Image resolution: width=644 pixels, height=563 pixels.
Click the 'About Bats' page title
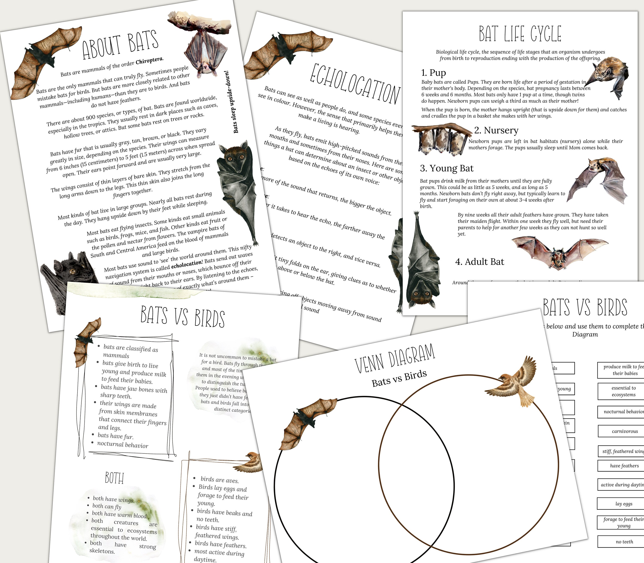coord(120,45)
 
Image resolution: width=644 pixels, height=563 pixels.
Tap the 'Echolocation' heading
coord(355,84)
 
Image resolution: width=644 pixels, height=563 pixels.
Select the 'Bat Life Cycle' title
coord(520,34)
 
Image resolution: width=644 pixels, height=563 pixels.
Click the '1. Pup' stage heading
coord(433,73)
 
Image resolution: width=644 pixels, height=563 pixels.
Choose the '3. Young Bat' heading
coord(447,168)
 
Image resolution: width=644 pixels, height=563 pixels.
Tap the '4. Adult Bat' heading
coord(480,262)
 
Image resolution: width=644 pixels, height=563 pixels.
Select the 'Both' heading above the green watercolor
coord(114,478)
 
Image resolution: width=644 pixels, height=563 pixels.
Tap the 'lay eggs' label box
coord(624,504)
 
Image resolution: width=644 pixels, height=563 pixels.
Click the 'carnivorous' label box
coord(624,431)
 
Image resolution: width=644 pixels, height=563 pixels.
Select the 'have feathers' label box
coord(624,466)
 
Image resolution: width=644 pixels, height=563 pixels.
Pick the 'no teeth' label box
coord(624,542)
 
